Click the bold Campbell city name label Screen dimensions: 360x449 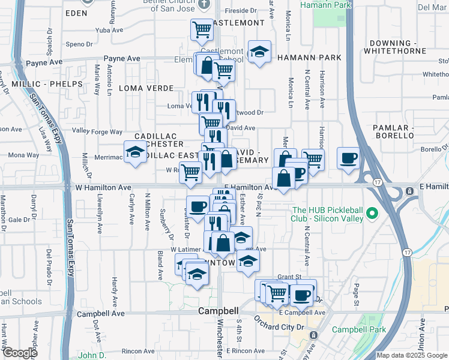(x=218, y=311)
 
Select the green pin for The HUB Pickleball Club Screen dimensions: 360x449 (x=373, y=213)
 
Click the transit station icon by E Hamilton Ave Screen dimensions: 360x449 (x=409, y=191)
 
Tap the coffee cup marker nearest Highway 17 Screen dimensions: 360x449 (x=349, y=159)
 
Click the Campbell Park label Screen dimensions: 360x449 (x=360, y=329)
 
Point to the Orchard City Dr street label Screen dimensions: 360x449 (x=280, y=327)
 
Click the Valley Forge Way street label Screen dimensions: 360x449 (x=97, y=131)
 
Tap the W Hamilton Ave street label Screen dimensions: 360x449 (x=104, y=188)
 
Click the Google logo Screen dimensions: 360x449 (x=19, y=353)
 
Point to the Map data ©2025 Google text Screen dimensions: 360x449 (x=412, y=355)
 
